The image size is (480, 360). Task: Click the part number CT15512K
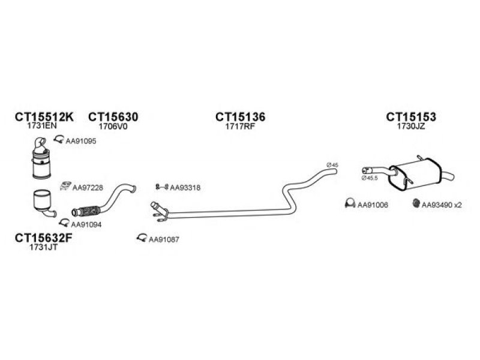pos(44,116)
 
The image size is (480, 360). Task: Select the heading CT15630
pos(113,116)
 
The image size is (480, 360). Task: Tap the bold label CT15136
pos(241,116)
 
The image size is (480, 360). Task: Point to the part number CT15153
pos(411,116)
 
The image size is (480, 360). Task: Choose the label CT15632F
pos(43,238)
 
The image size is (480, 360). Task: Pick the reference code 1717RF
pos(240,127)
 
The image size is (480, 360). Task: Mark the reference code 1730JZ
pos(411,127)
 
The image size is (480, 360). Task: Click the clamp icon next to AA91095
pos(58,140)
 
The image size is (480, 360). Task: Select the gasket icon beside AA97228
pos(65,186)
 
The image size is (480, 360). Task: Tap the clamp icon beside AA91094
pos(64,223)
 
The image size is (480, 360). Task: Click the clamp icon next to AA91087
pos(142,238)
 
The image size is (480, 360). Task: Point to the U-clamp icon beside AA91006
pos(350,203)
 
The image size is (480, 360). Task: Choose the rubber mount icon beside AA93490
pos(416,203)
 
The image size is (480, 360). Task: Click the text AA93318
pos(185,188)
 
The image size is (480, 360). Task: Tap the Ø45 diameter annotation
pos(332,165)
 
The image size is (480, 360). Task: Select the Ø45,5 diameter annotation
pos(370,178)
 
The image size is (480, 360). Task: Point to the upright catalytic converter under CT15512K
pos(41,158)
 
